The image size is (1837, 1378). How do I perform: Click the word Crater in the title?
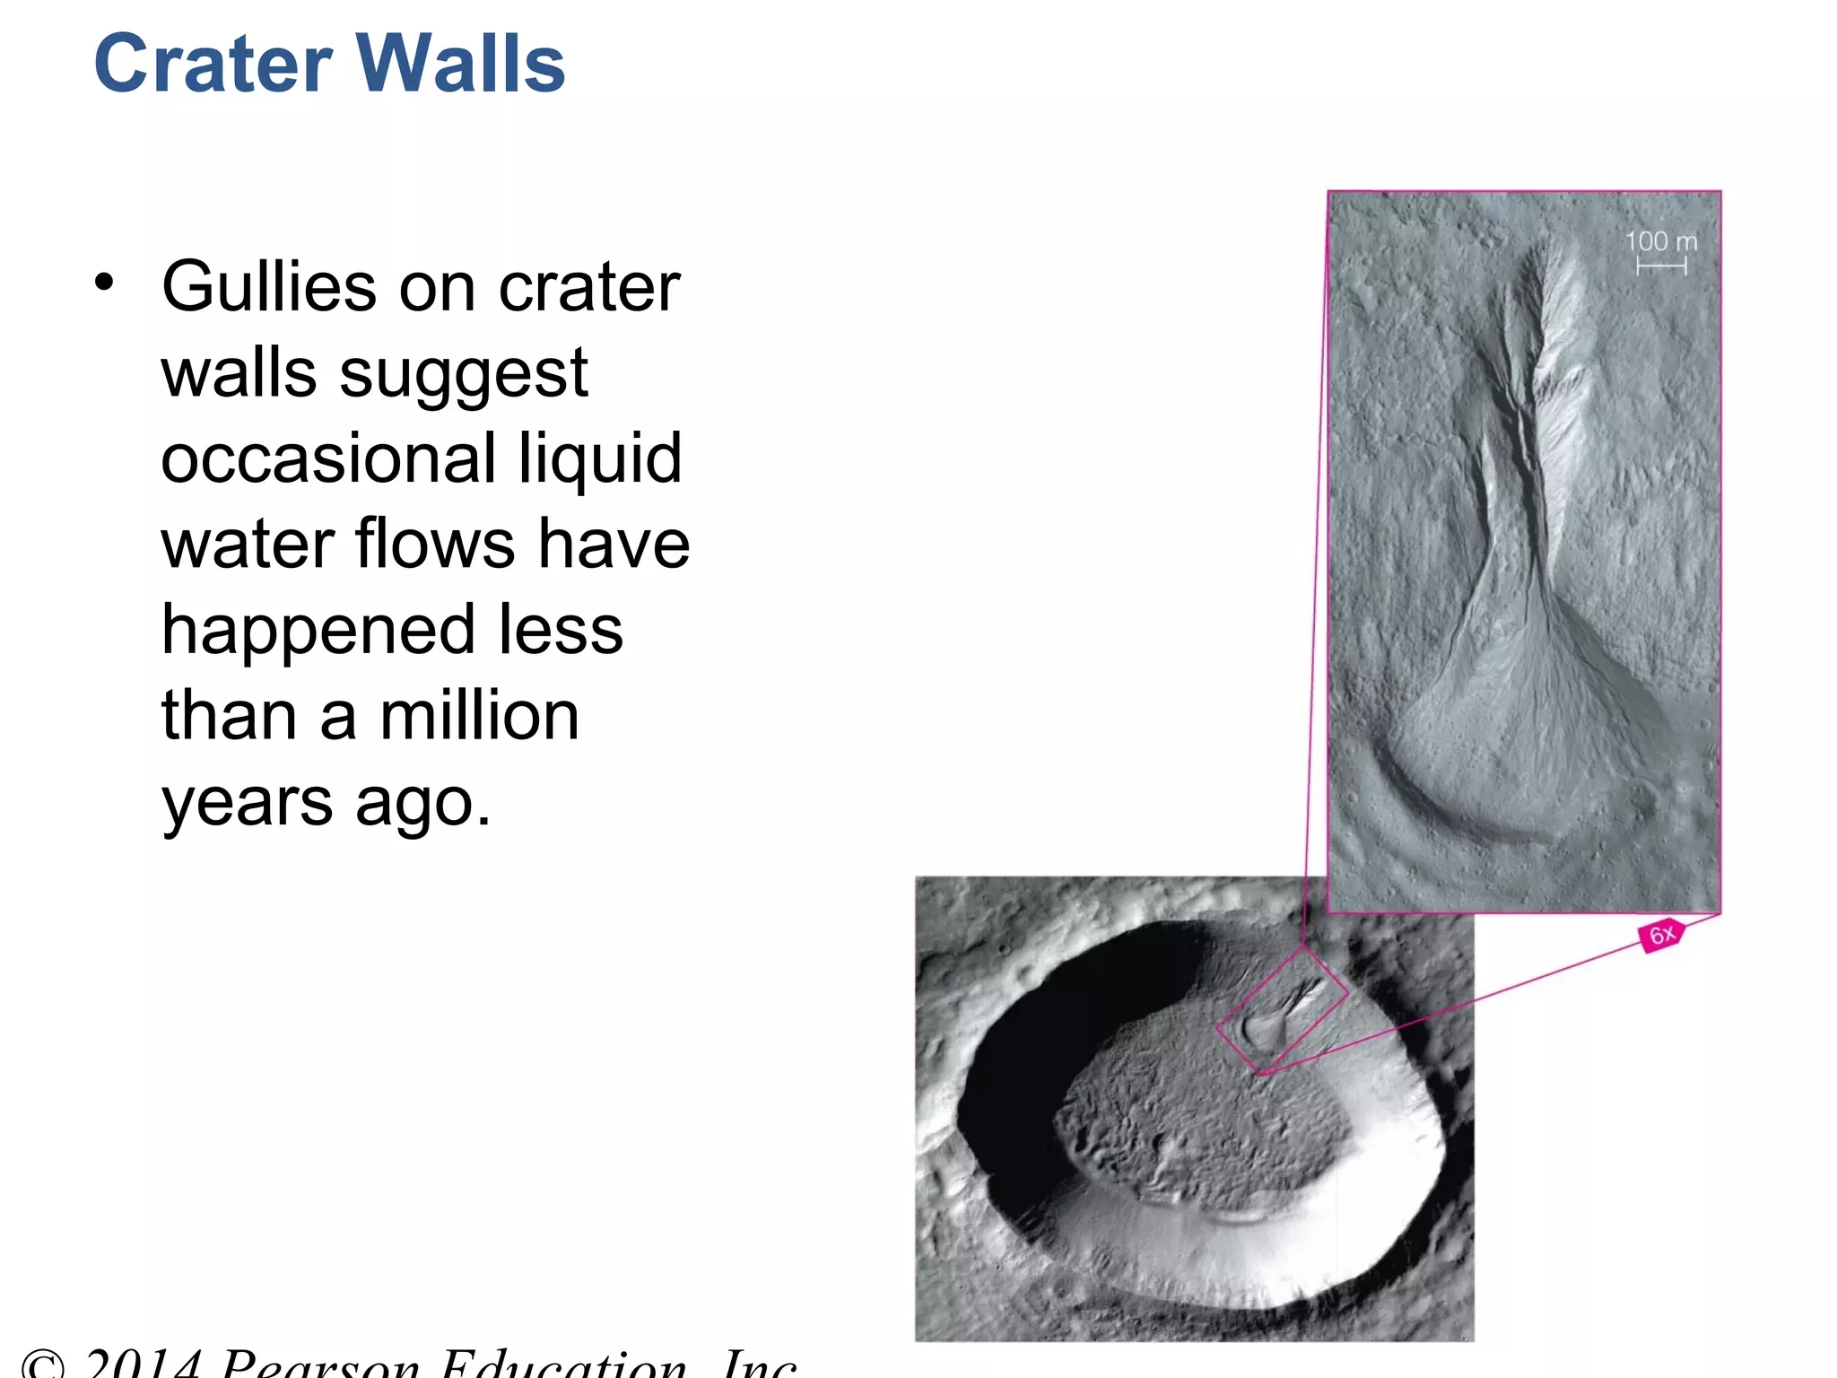point(213,64)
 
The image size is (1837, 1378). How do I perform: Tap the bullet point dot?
point(105,283)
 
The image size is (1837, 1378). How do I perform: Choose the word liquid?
point(600,458)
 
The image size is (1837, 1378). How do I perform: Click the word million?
point(479,716)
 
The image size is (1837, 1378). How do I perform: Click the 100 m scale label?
point(1661,241)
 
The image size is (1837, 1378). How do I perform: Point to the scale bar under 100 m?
point(1661,266)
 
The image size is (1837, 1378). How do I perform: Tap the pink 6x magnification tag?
point(1662,935)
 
